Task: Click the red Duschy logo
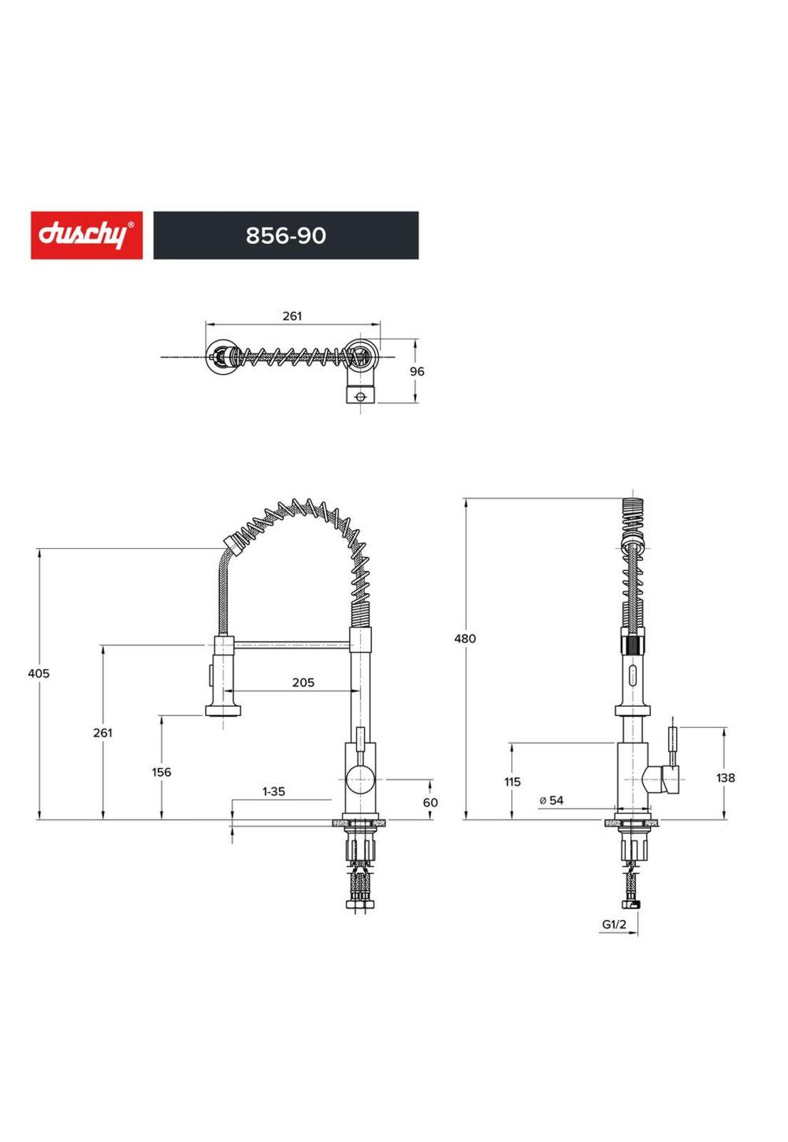(86, 235)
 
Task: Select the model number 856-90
(286, 236)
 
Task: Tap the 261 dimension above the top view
(292, 315)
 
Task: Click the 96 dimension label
(417, 371)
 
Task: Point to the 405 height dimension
(39, 673)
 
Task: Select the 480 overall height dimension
(465, 639)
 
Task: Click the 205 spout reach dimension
(303, 682)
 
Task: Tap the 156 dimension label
(161, 772)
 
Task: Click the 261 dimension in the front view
(103, 732)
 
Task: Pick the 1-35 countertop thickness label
(273, 791)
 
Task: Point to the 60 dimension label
(430, 802)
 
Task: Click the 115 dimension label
(512, 782)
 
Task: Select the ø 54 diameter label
(552, 800)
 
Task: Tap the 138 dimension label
(725, 777)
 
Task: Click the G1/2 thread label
(614, 924)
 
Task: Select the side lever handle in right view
(673, 746)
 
